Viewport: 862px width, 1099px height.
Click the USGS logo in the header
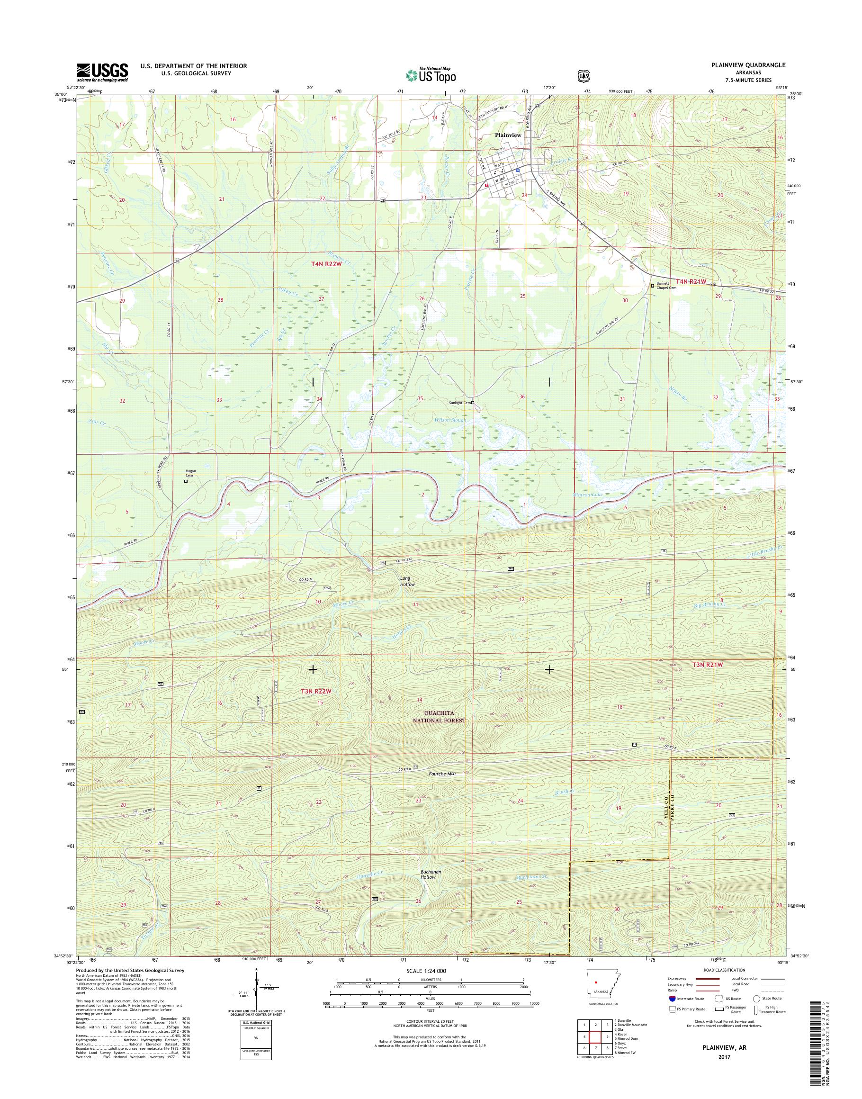click(102, 72)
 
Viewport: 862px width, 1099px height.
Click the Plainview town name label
click(508, 135)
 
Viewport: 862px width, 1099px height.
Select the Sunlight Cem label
click(460, 403)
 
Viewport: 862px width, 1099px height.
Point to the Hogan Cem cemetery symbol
click(185, 482)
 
